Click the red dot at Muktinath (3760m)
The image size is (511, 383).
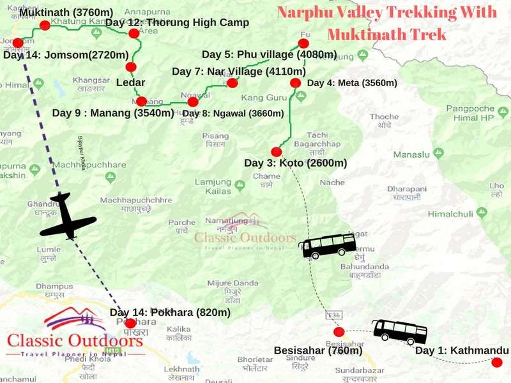45,26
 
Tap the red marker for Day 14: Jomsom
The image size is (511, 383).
18,43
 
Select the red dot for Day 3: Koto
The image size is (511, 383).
277,152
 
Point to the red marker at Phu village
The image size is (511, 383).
303,43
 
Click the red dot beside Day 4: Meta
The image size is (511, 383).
295,83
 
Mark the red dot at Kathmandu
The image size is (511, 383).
497,363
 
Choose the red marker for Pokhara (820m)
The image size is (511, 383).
130,324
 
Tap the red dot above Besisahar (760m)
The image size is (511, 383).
339,332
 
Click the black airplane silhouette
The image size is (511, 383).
67,216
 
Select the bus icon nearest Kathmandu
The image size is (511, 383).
400,331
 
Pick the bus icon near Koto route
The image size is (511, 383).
328,246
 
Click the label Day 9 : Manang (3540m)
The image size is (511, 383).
113,113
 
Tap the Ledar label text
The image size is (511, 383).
130,82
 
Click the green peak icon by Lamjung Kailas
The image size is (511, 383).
240,185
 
